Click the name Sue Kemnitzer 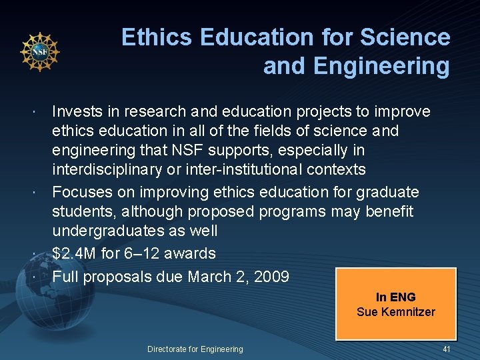(x=395, y=311)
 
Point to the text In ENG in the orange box (x=395, y=297)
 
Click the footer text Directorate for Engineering (x=195, y=349)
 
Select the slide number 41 (x=447, y=349)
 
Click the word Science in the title (x=405, y=37)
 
